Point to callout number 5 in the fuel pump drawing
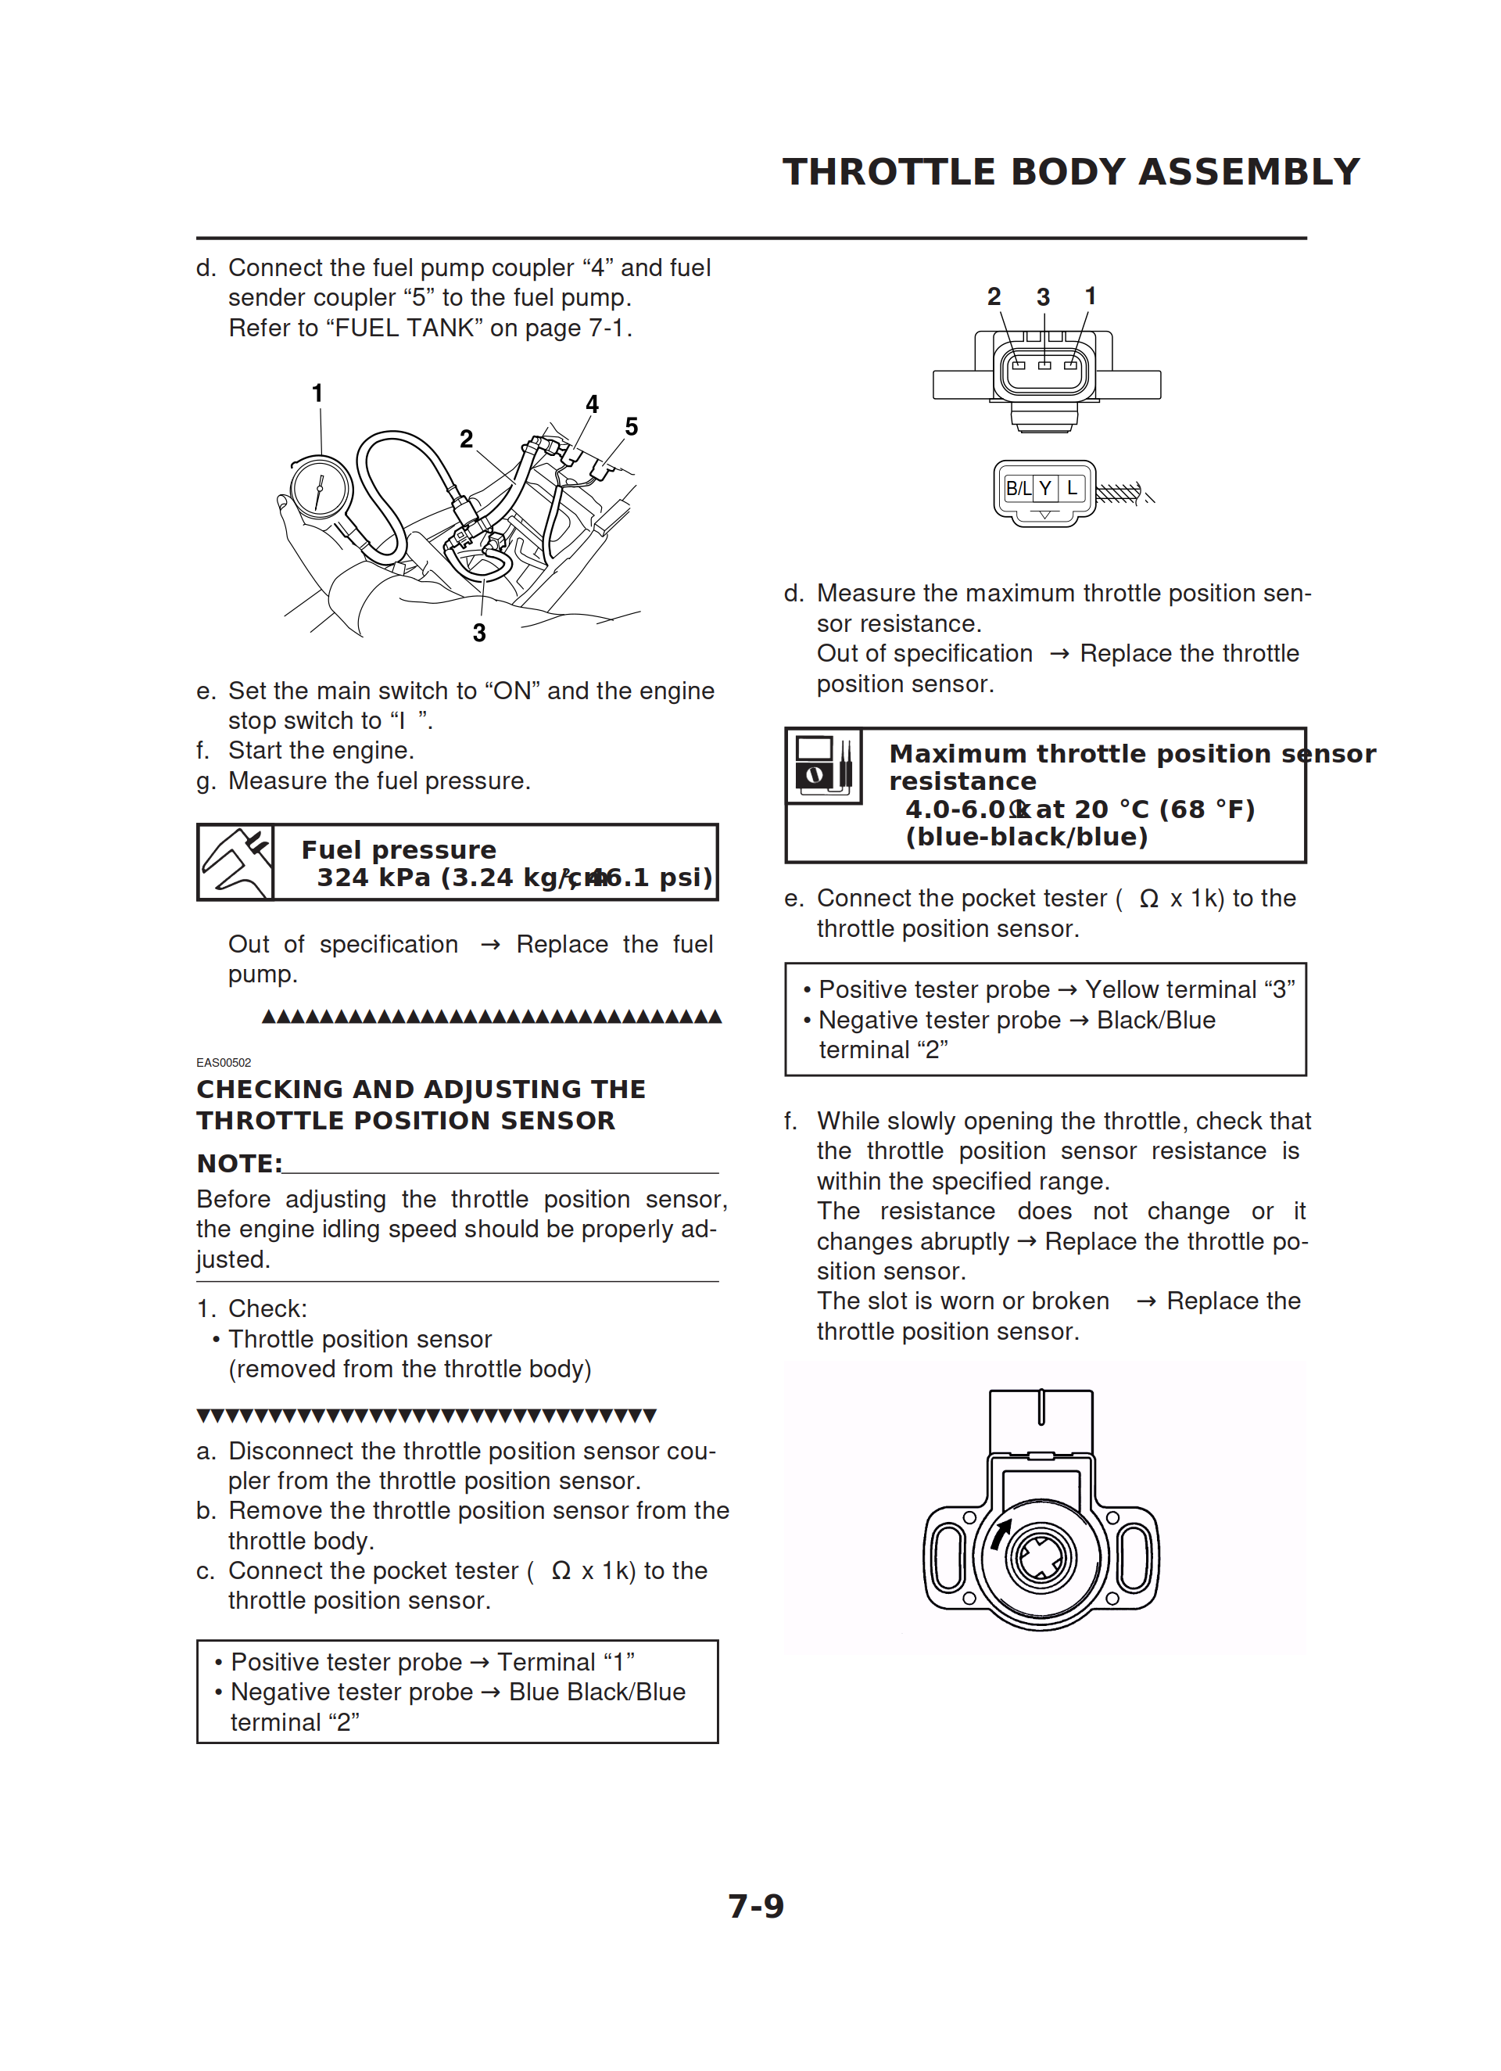point(631,426)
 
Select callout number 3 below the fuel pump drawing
point(479,633)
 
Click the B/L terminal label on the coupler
point(1017,489)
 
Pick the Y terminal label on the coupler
point(1045,489)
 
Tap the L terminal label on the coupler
point(1072,489)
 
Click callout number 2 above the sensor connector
point(994,296)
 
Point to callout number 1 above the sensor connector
point(1090,296)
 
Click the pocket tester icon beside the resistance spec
point(823,766)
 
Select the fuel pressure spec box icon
point(235,862)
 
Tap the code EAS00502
point(224,1062)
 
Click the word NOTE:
point(239,1163)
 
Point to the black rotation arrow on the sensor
point(1001,1534)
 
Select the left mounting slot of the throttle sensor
point(948,1558)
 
